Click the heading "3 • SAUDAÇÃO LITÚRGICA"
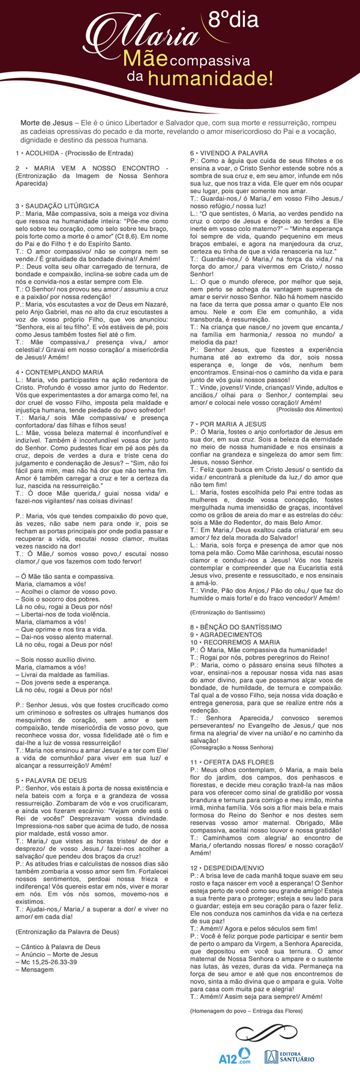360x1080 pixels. tap(58, 206)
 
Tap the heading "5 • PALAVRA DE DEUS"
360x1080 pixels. tap(52, 781)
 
